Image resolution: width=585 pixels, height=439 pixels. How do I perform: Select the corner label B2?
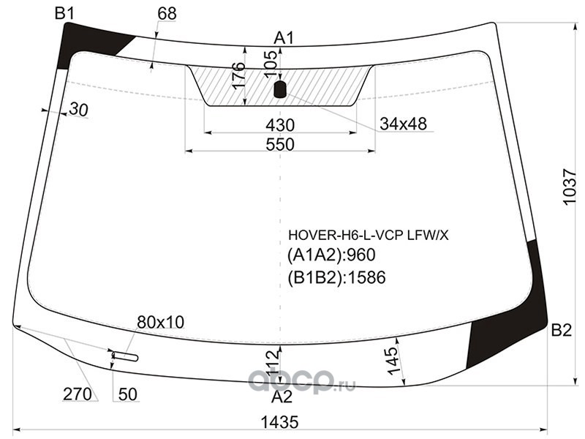561,331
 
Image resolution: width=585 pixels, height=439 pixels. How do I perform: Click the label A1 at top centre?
284,38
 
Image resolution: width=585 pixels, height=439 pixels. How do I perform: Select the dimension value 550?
280,145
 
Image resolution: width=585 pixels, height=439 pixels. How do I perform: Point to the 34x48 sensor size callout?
403,124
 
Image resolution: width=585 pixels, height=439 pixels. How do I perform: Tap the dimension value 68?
167,13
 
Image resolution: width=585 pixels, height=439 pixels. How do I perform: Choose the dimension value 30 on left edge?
78,110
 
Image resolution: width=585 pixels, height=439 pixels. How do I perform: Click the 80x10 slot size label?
160,322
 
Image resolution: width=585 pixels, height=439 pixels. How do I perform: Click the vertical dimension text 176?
238,76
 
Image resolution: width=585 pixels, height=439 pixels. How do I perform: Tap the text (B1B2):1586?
336,277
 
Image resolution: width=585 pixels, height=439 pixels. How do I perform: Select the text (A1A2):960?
331,255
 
